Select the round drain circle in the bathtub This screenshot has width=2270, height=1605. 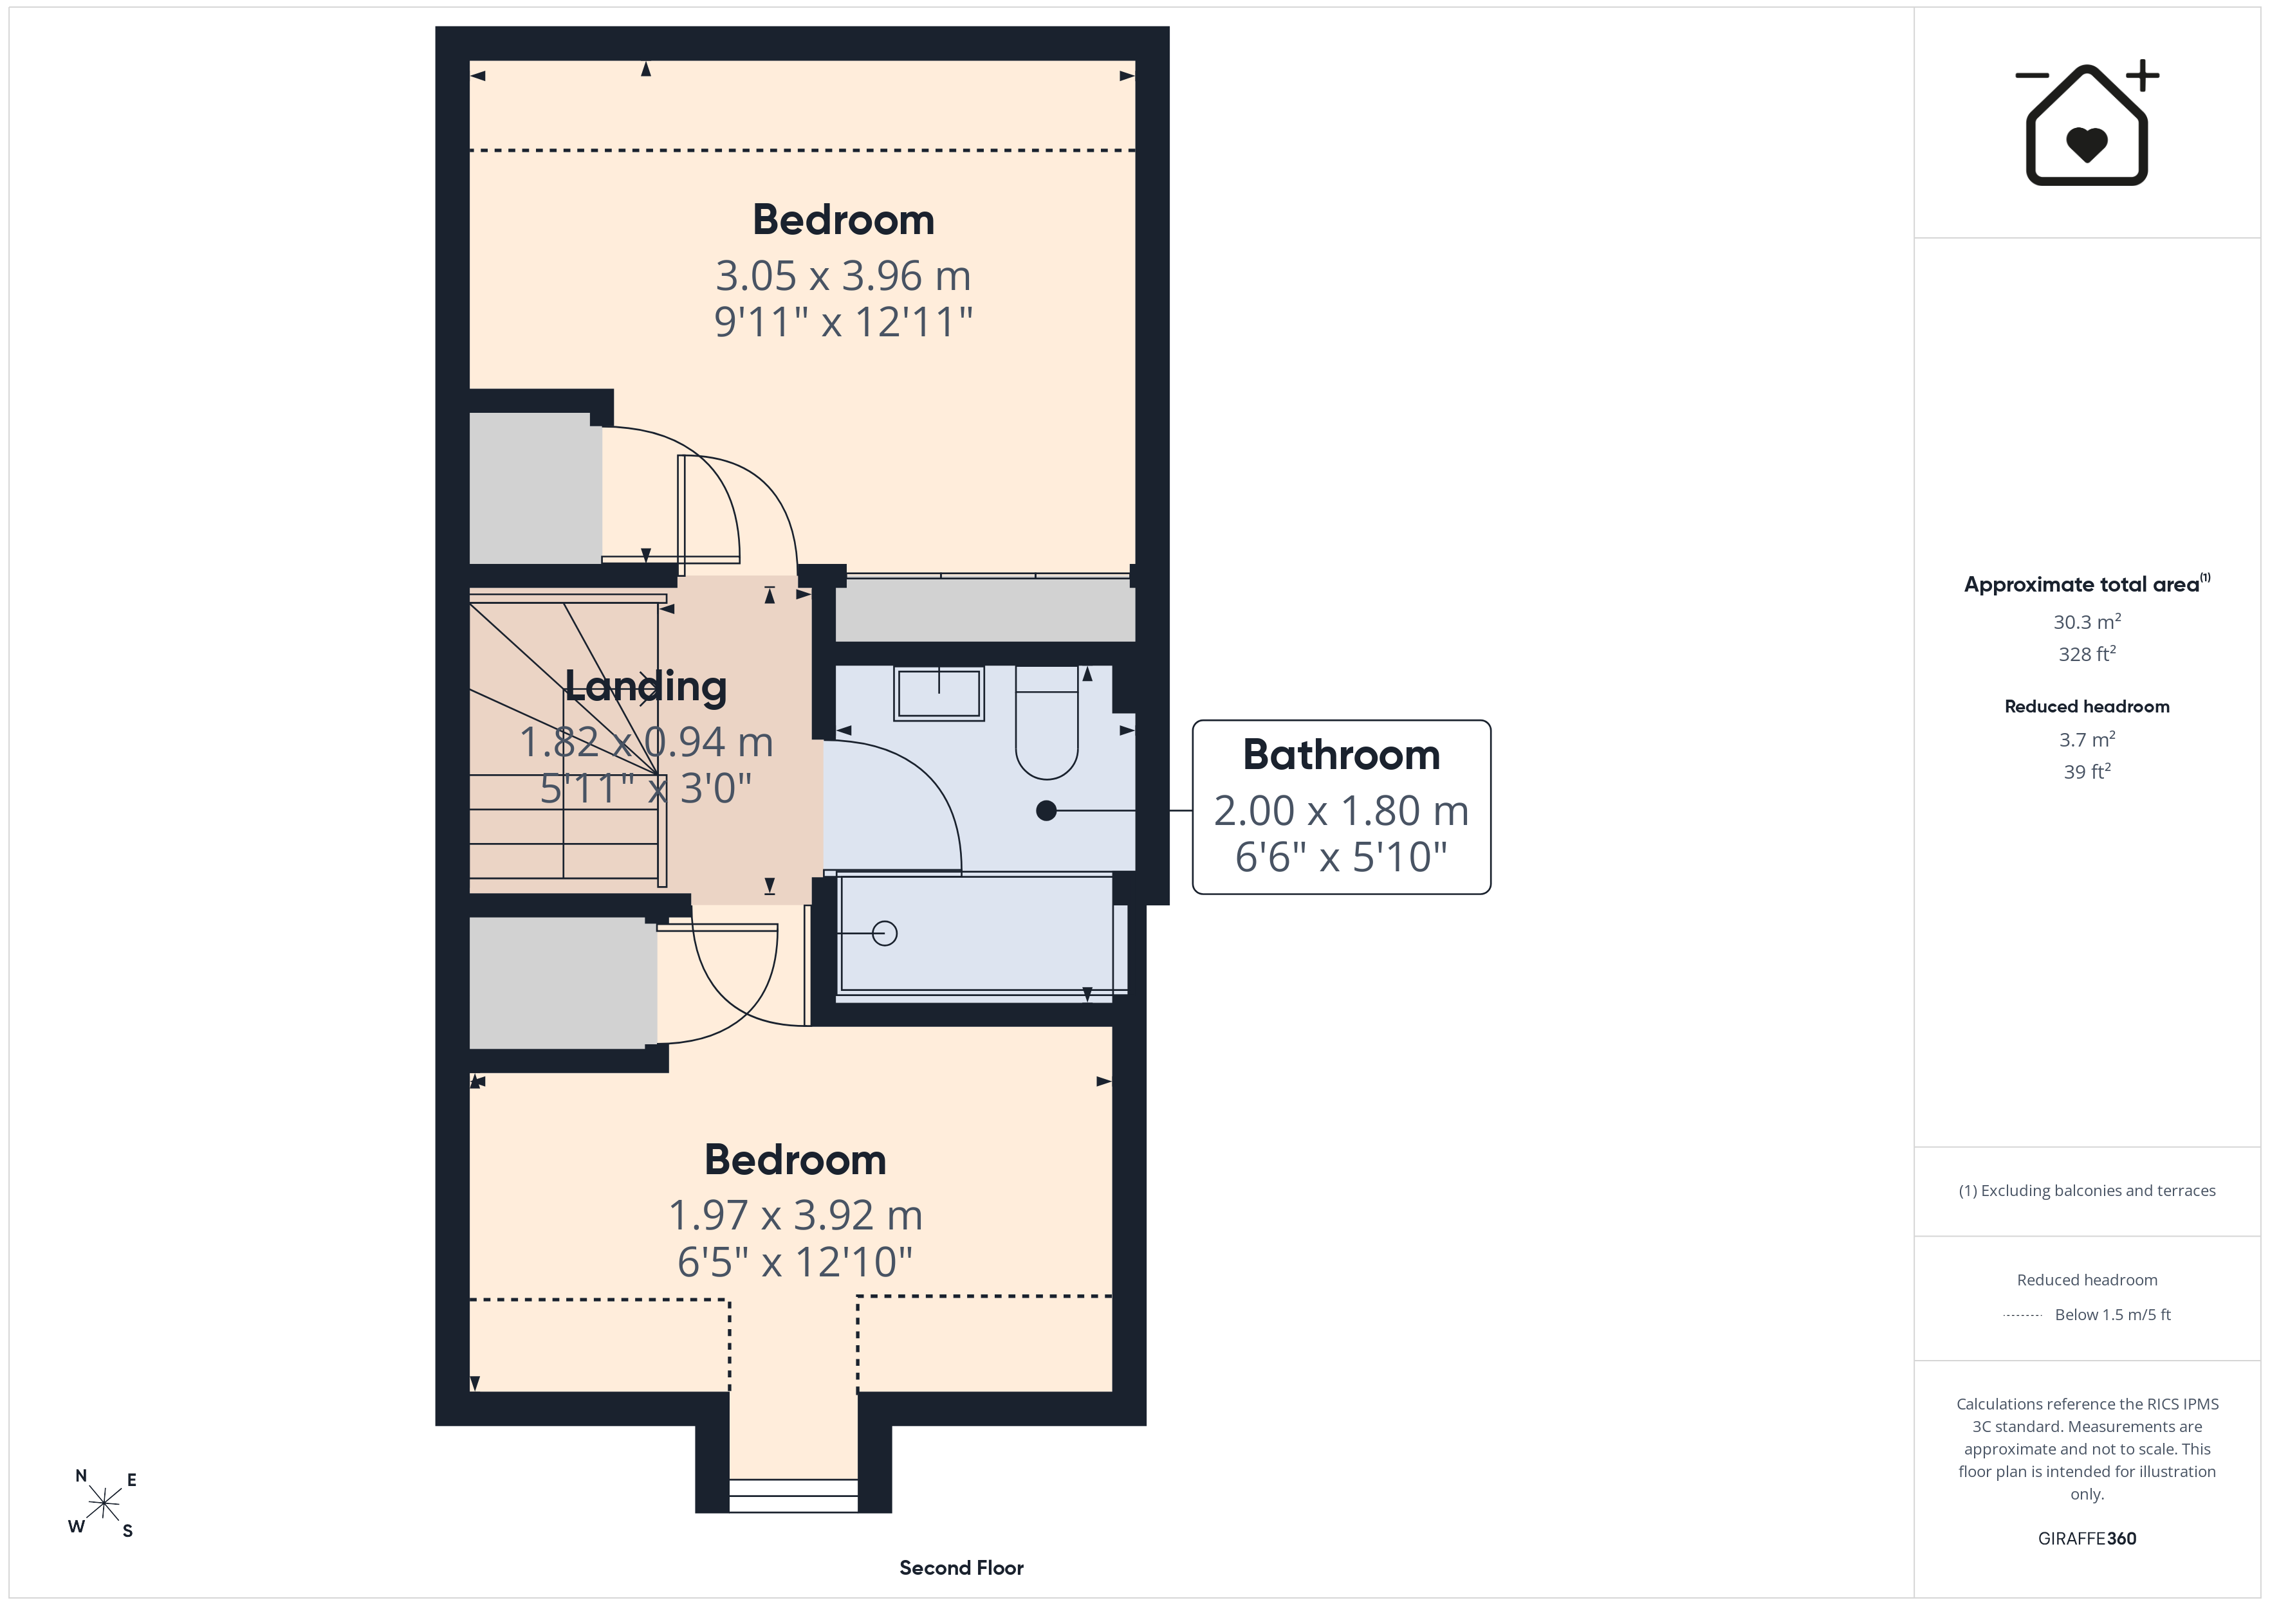(885, 933)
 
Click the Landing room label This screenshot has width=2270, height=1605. (645, 686)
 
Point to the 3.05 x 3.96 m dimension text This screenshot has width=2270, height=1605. (844, 276)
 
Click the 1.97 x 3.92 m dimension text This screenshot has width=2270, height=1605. (796, 1215)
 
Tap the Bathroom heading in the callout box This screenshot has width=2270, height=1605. (1342, 755)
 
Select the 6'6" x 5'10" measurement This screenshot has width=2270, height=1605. (1342, 857)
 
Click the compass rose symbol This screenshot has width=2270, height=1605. (104, 1504)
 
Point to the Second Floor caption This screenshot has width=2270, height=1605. (961, 1568)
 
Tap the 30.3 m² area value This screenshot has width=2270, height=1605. (2087, 622)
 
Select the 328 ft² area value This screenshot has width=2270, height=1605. (2087, 654)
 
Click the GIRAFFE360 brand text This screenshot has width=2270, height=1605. (2087, 1539)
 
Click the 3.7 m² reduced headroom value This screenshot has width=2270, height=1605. (2087, 739)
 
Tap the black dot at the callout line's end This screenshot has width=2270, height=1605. (1046, 810)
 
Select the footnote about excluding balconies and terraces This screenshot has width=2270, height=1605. (2087, 1191)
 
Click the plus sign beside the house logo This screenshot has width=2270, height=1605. (2143, 75)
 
